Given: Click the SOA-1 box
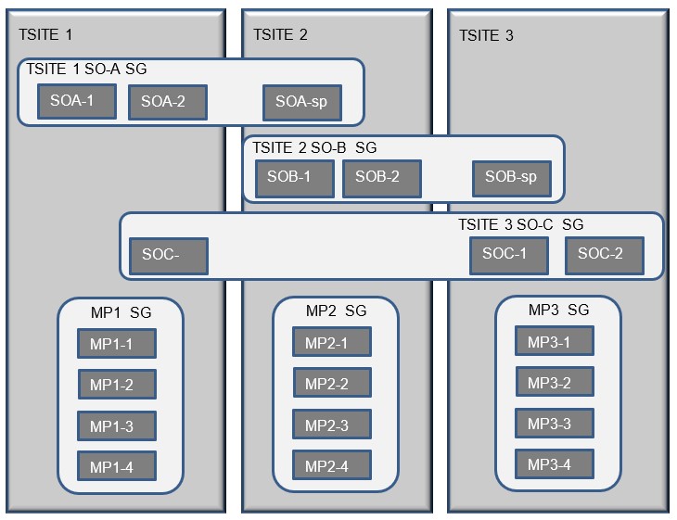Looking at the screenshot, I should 77,101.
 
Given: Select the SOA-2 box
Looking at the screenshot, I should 167,101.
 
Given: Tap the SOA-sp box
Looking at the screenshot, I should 301,102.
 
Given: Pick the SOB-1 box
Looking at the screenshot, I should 295,178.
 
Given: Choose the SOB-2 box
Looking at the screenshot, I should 381,178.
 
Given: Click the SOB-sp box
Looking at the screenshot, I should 511,178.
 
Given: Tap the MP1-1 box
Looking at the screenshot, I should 116,344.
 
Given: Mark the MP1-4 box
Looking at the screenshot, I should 116,467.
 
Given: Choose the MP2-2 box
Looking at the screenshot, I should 332,383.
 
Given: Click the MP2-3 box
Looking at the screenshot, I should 332,425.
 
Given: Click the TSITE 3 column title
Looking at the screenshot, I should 486,36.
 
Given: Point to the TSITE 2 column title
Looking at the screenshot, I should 280,35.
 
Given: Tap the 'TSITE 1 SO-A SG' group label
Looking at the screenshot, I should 86,69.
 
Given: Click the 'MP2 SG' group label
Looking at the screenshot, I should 336,311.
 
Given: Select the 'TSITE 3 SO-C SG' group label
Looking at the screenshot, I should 520,225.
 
